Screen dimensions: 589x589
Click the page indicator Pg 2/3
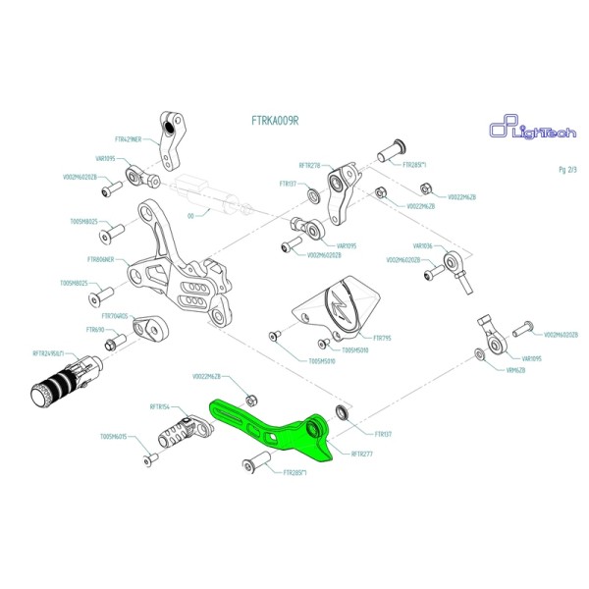click(566, 170)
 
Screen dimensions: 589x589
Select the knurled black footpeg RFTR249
click(59, 384)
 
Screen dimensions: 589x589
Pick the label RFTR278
click(310, 166)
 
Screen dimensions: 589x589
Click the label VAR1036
click(423, 246)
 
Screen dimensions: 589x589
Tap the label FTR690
click(94, 330)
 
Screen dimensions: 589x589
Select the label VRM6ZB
click(516, 371)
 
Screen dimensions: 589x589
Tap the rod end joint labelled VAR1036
click(456, 264)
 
